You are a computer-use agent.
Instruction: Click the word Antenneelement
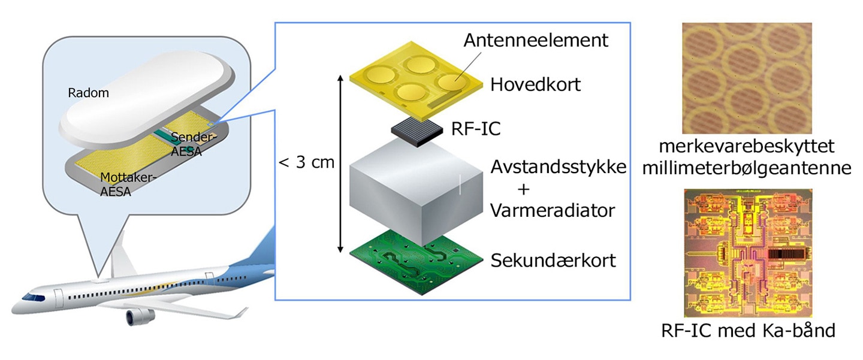(536, 40)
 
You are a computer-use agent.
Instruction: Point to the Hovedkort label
(535, 85)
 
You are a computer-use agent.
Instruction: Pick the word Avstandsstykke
(558, 167)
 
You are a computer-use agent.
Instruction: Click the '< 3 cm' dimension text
(307, 162)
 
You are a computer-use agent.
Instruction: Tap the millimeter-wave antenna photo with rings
(747, 78)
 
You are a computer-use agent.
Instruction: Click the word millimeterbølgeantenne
(746, 168)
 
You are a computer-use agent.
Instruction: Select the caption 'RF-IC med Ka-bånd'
(747, 330)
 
